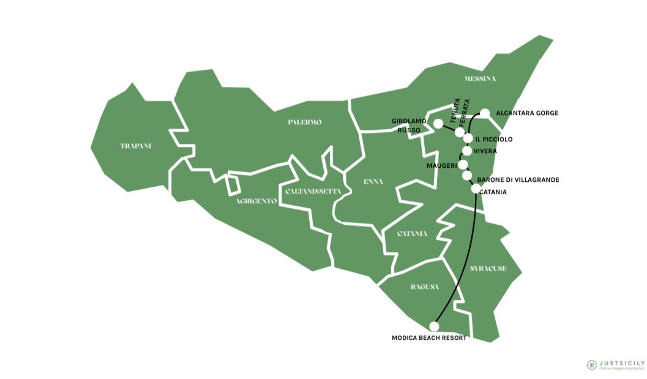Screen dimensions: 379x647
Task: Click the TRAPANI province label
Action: (x=136, y=146)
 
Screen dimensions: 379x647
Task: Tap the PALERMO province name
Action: (x=304, y=122)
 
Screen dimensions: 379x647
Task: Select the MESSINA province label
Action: (x=480, y=79)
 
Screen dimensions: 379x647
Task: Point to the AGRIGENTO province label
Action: (x=256, y=201)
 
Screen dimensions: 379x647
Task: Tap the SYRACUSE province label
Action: (x=488, y=268)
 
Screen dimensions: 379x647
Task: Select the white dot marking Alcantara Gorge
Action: (x=485, y=113)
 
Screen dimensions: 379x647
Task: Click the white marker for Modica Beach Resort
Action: (x=435, y=326)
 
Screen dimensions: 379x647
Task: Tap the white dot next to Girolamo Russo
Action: (x=438, y=124)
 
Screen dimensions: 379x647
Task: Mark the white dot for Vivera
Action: (x=468, y=151)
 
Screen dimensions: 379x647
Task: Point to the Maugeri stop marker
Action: (x=463, y=165)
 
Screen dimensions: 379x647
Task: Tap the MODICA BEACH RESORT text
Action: (x=429, y=338)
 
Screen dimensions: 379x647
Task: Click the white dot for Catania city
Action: (x=476, y=189)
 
